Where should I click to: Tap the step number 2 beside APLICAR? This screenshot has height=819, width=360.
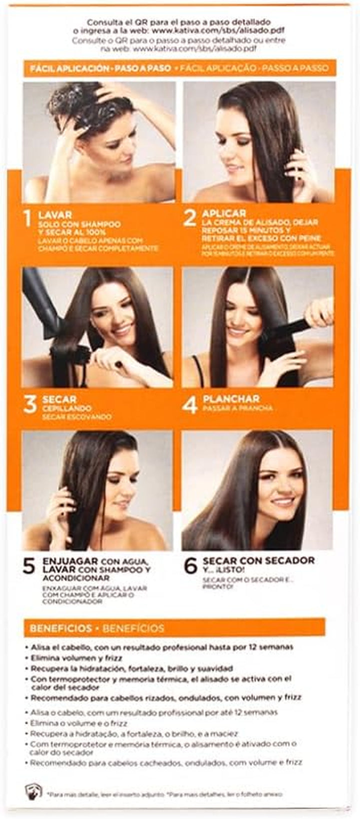pos(189,218)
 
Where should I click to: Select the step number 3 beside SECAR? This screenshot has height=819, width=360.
pos(30,404)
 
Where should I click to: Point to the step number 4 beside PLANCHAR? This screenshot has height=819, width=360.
pos(189,404)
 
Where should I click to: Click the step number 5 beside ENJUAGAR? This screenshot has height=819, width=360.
pos(29,565)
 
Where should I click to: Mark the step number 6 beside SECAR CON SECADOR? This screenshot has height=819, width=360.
pos(190,565)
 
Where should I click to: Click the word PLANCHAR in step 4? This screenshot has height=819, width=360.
pos(230,398)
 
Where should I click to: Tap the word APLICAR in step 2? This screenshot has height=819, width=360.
pos(223,213)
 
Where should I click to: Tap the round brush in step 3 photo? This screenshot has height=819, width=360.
pos(70,355)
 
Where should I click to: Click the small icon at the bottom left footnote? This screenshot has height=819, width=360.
pos(33,791)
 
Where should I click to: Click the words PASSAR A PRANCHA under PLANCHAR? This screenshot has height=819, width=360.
pos(237,408)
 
